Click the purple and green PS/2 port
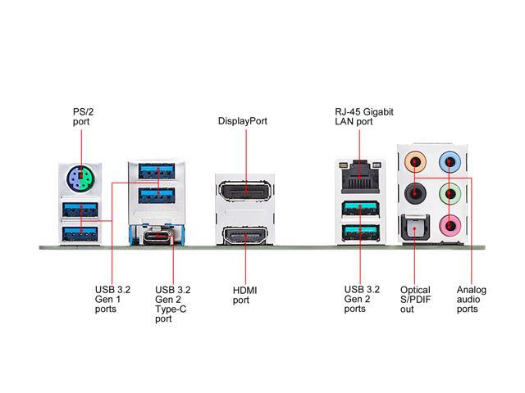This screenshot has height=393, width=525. pyautogui.click(x=80, y=178)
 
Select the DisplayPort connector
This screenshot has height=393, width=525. pyautogui.click(x=245, y=191)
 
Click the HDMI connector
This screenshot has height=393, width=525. pyautogui.click(x=245, y=235)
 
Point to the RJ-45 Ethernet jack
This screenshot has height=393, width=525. pyautogui.click(x=360, y=177)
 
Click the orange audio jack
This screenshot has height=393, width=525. pyautogui.click(x=415, y=162)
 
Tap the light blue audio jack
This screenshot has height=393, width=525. pyautogui.click(x=450, y=162)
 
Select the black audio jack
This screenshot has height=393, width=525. pyautogui.click(x=415, y=193)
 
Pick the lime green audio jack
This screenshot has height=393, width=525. pyautogui.click(x=450, y=193)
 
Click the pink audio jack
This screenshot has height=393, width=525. pyautogui.click(x=450, y=225)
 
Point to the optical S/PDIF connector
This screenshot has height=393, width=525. pyautogui.click(x=415, y=228)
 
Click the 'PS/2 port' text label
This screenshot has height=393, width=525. pyautogui.click(x=83, y=116)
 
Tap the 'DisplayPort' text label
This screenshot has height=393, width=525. pyautogui.click(x=243, y=121)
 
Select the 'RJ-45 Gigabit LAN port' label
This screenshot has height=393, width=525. pyautogui.click(x=364, y=116)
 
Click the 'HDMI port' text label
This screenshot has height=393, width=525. pyautogui.click(x=244, y=295)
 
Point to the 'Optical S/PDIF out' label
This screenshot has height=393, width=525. pyautogui.click(x=415, y=300)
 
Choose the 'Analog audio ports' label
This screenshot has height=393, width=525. pyautogui.click(x=472, y=299)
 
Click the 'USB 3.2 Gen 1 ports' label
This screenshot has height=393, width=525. pyautogui.click(x=112, y=299)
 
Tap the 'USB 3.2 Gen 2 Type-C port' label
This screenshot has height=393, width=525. pyautogui.click(x=173, y=304)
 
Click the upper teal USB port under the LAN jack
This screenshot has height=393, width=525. pyautogui.click(x=360, y=209)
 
